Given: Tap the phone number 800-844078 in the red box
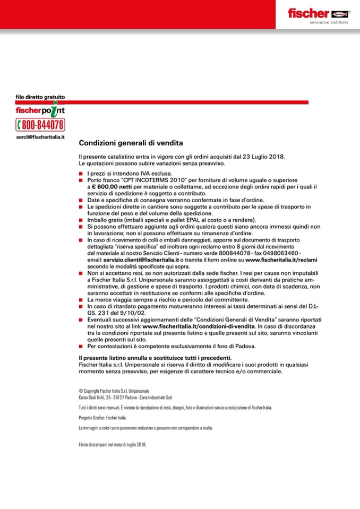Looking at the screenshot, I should click(x=41, y=125).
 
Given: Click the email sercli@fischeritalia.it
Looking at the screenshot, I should click(x=40, y=137).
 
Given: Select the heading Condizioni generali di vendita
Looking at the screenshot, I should click(x=131, y=143).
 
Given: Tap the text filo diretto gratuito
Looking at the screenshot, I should click(x=40, y=97).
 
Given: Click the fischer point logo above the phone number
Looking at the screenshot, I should click(x=40, y=110).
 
